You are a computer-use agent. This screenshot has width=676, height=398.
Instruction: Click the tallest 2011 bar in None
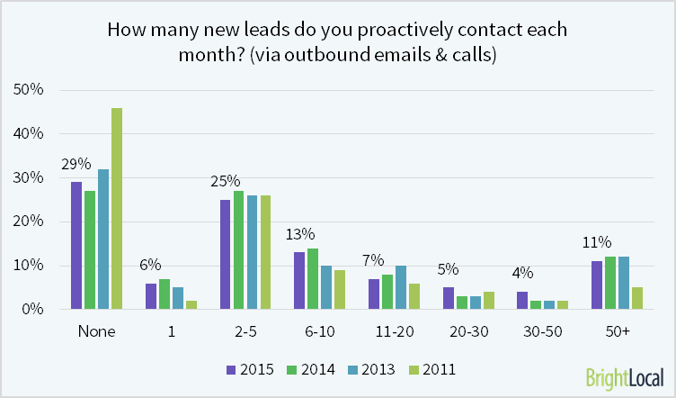tap(117, 209)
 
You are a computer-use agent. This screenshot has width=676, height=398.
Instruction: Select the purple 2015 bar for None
tap(76, 246)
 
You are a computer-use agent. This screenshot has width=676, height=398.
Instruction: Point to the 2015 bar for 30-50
tap(520, 300)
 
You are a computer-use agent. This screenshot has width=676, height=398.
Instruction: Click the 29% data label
tap(76, 164)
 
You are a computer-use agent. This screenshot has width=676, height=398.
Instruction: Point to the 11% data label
tap(597, 242)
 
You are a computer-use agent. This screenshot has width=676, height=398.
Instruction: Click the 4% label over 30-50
tap(520, 274)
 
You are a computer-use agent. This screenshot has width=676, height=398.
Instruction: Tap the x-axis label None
tap(97, 332)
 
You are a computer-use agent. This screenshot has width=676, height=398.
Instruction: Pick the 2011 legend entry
tap(431, 367)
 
